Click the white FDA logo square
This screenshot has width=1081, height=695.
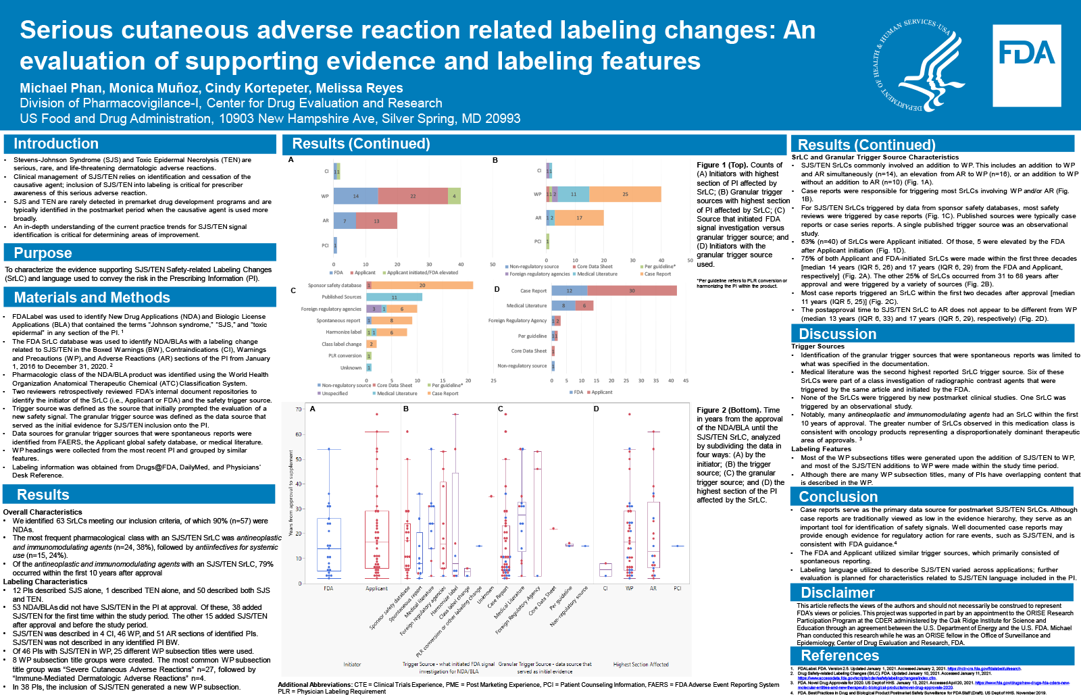coord(1026,66)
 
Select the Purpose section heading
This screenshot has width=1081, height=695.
coord(43,253)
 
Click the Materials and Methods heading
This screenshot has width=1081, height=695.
coord(92,298)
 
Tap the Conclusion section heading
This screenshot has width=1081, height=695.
coord(838,497)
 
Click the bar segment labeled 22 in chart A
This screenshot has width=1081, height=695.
coord(412,196)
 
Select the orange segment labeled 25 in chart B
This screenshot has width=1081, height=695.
coord(625,195)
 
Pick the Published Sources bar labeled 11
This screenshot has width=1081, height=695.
coord(394,297)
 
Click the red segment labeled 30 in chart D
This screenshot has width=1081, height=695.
coord(632,290)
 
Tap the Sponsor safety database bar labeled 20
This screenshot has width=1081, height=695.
coord(422,285)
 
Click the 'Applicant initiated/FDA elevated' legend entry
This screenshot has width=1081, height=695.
coord(422,273)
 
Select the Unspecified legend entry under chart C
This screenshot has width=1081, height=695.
coord(334,393)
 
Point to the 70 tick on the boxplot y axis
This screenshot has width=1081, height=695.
coord(299,409)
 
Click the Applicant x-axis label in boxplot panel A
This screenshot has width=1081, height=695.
coord(376,588)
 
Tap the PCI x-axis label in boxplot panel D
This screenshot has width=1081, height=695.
coord(677,588)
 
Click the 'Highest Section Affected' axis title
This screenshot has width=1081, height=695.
coord(640,665)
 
